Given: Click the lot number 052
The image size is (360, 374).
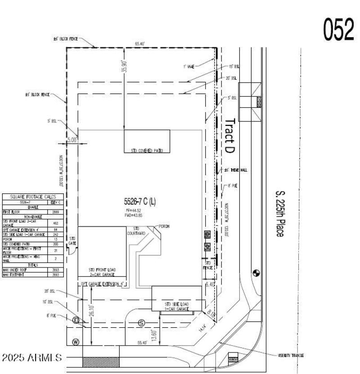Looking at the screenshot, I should tap(338, 30).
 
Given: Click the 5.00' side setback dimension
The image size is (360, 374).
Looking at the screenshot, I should tap(72, 140).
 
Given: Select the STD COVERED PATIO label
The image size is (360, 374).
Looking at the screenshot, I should tap(147, 151).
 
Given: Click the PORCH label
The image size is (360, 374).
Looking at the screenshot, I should tap(164, 227).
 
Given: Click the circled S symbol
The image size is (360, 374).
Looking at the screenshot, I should tap(141, 322).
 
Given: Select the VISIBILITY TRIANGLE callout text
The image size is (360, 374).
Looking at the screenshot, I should tap(291, 355).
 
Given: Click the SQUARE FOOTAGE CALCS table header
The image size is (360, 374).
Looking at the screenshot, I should tap(33, 196).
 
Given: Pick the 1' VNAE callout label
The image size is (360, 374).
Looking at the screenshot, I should tap(188, 66).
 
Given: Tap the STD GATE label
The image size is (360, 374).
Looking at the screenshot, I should tap(72, 240).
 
